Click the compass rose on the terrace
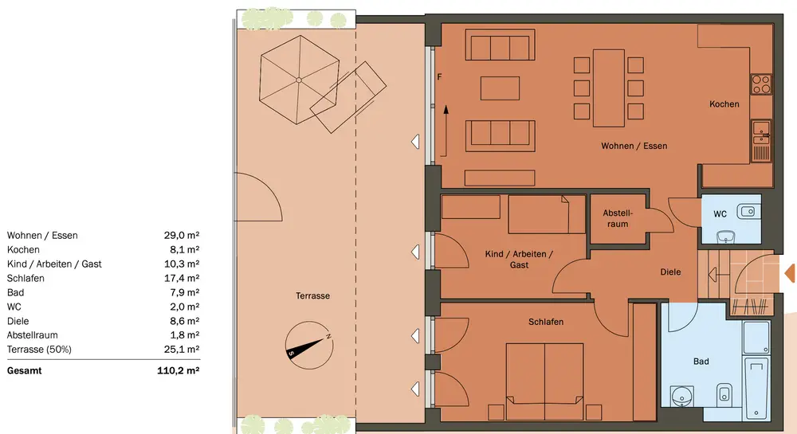[309, 346]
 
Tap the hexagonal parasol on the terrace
[299, 80]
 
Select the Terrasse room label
[312, 295]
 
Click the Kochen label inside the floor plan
[724, 104]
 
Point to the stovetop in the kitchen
[761, 84]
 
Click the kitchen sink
[761, 141]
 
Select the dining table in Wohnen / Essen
[608, 88]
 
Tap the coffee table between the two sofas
[501, 88]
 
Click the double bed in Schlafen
[544, 381]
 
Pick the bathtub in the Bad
[756, 388]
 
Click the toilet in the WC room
[726, 237]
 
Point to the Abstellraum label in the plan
[618, 218]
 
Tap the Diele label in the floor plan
[670, 272]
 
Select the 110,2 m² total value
[178, 370]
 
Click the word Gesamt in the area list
[25, 370]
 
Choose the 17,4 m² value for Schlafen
[182, 278]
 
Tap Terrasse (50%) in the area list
[39, 350]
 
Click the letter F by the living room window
[439, 77]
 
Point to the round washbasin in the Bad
[681, 397]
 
